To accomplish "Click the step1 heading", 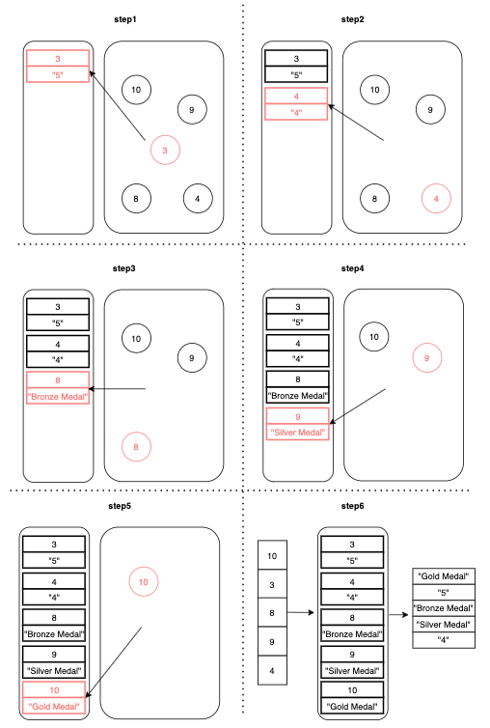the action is tap(124, 19).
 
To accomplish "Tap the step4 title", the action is tap(352, 268).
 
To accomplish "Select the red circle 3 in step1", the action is tap(165, 150).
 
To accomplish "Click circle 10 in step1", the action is tap(136, 90).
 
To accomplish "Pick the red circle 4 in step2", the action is tap(436, 199).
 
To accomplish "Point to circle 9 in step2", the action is tap(430, 109).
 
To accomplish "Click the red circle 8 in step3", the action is tap(136, 447).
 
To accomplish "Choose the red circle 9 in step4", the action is tap(427, 357).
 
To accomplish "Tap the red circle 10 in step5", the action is tap(144, 582).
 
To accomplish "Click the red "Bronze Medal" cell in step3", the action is tap(58, 396).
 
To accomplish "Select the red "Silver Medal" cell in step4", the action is tap(298, 433).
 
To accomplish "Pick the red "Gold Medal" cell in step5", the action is tap(54, 706).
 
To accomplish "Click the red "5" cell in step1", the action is tap(58, 74).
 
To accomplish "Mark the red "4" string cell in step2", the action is tap(296, 112).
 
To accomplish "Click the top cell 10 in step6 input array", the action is tap(272, 555).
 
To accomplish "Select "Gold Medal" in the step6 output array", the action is tap(444, 576).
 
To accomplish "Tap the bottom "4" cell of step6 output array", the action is tap(444, 640).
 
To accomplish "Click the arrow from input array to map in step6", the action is tap(301, 613).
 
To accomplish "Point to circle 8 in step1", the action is tap(136, 199).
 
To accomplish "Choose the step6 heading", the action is tap(352, 506).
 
